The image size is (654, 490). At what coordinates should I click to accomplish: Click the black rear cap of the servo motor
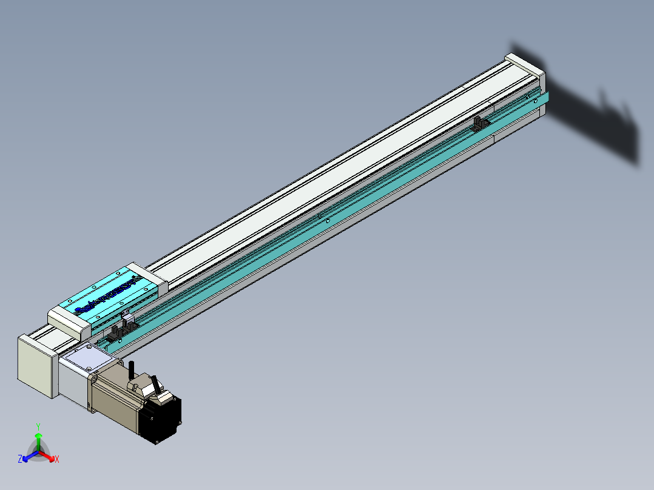click(x=160, y=418)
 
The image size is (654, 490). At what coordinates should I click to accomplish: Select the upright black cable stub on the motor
click(x=132, y=369)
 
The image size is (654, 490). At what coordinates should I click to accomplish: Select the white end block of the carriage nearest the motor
click(x=69, y=322)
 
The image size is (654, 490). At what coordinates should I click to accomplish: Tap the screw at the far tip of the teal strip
click(x=536, y=101)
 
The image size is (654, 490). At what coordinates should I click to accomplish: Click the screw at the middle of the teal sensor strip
click(x=328, y=221)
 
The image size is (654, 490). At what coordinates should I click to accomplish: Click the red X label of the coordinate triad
click(x=57, y=460)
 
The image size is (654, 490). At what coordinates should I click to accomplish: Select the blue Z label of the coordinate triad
click(x=20, y=459)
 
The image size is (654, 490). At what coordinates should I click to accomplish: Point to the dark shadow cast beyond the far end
click(x=595, y=115)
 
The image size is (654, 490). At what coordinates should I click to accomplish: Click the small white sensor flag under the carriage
click(x=127, y=318)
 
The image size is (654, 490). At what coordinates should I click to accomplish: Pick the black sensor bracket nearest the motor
click(x=113, y=334)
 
